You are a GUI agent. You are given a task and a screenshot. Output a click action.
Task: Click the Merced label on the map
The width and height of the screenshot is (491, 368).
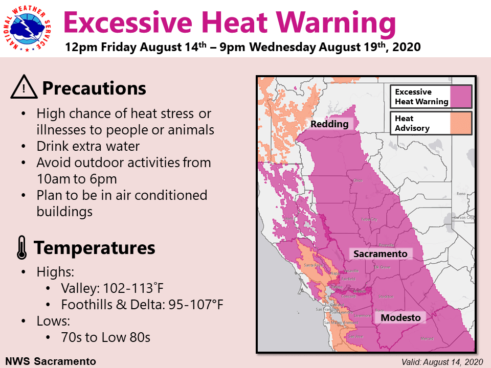tap(427, 339)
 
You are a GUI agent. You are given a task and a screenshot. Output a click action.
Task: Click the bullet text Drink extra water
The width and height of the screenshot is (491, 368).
tap(88, 147)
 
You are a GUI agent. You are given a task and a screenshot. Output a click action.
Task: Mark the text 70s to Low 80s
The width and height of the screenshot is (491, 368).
tap(105, 338)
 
